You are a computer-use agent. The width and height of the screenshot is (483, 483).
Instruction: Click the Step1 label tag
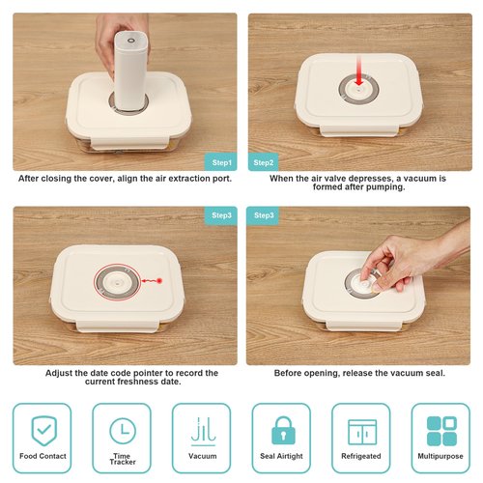[x=221, y=161]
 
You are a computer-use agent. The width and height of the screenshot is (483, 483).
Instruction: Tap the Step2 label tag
[x=263, y=162]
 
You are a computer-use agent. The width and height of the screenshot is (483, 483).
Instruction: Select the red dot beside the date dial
[x=159, y=281]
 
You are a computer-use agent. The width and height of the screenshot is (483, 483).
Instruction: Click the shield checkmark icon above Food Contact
[x=44, y=431]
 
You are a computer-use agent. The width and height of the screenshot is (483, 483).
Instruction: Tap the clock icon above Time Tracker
[x=123, y=431]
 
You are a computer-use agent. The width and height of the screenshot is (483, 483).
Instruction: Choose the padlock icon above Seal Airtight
[x=283, y=430]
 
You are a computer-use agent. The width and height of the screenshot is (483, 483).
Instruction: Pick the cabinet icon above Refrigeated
[x=362, y=432]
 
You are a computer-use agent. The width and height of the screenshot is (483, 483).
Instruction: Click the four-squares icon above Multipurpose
[x=441, y=431]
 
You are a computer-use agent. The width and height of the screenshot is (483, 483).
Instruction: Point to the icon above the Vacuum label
[x=203, y=432]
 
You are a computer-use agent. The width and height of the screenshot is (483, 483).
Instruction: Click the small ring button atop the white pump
[x=131, y=41]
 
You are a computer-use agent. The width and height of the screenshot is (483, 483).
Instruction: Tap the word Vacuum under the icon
[x=203, y=456]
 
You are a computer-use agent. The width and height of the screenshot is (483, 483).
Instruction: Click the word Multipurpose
[x=440, y=456]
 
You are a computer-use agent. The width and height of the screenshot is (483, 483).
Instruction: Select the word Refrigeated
[x=361, y=456]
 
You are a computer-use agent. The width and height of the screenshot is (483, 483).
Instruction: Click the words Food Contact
[x=43, y=456]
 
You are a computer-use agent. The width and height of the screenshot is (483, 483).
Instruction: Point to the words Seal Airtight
[x=281, y=456]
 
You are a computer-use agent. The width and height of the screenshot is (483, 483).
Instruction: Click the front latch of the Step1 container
[x=129, y=143]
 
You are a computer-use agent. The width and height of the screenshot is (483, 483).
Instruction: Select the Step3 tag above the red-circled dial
[x=221, y=214]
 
